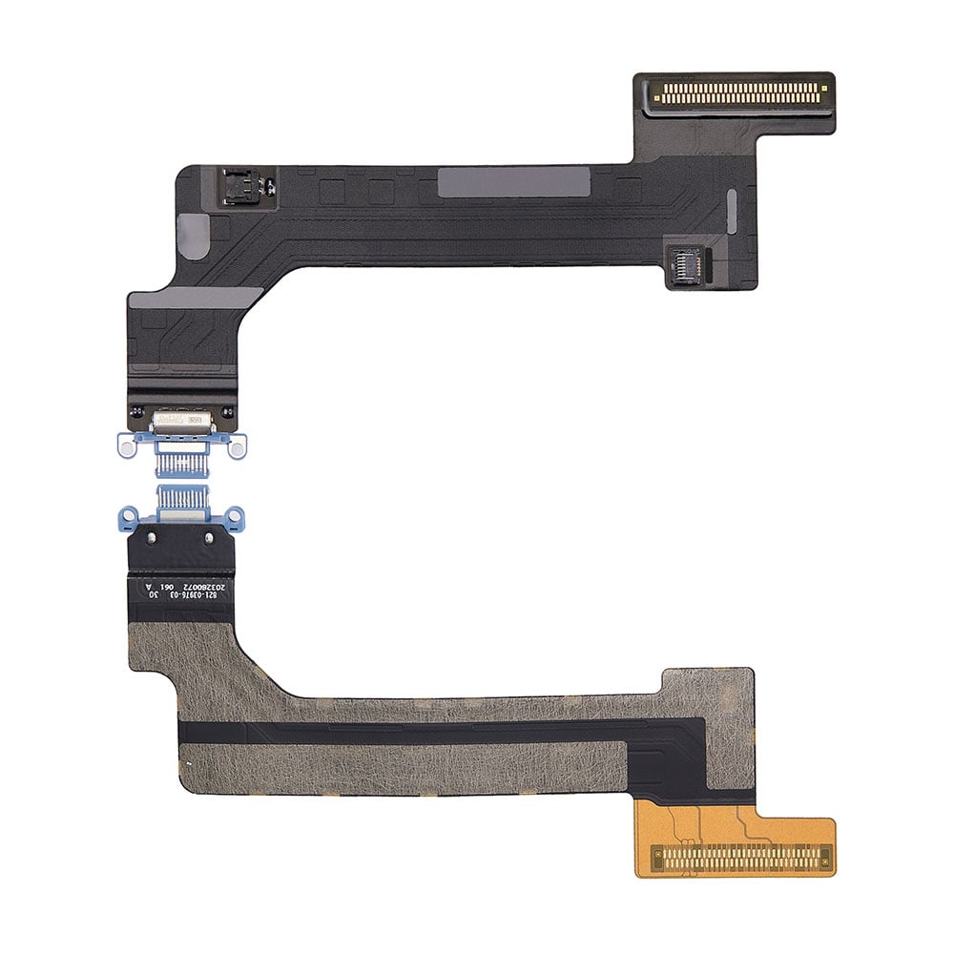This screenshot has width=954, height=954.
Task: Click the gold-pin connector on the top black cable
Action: tap(735, 93)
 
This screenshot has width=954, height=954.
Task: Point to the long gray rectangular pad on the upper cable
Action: tap(513, 181)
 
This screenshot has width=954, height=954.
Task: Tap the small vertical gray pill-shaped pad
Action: tap(732, 211)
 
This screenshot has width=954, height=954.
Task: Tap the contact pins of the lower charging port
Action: tap(181, 499)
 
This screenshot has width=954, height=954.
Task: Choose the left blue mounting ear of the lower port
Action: tap(128, 519)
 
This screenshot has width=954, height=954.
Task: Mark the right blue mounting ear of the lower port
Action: tap(235, 519)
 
